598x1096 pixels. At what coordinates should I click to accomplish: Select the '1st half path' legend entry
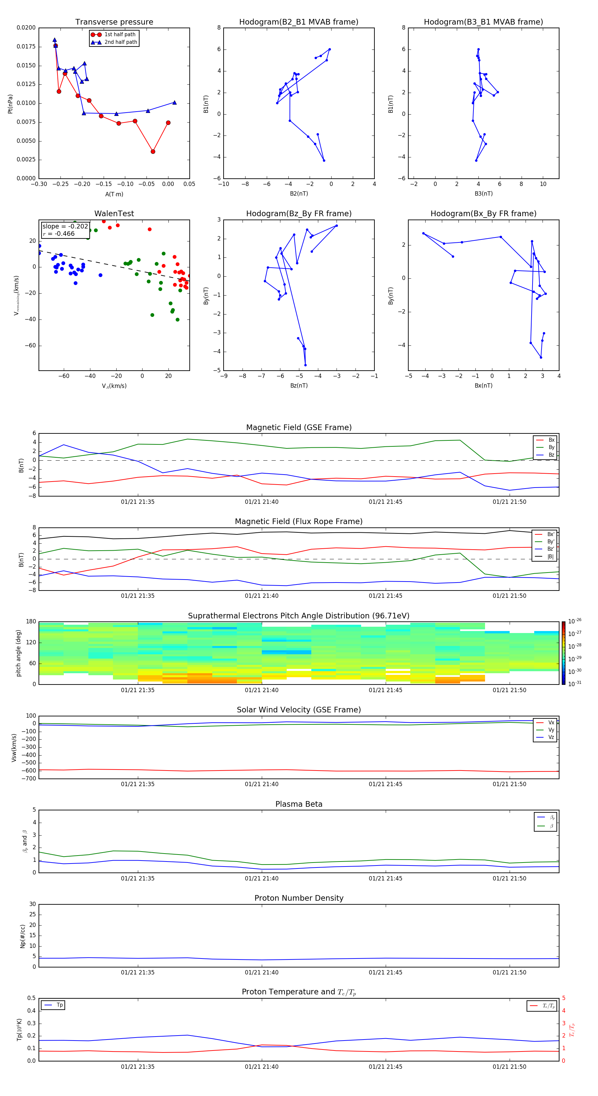(120, 35)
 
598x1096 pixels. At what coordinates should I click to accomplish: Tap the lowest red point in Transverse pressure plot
(153, 151)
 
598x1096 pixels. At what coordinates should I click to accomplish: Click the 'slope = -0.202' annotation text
(65, 227)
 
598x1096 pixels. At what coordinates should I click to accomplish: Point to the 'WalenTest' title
(114, 214)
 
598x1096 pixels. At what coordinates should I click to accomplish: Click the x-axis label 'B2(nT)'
(299, 194)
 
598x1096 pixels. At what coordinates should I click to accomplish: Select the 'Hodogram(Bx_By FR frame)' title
(483, 214)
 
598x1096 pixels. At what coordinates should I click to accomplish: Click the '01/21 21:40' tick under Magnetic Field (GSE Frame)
(261, 502)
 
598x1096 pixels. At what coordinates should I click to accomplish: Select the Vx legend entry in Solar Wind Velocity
(551, 722)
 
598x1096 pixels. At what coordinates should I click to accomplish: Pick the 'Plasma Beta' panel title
(299, 804)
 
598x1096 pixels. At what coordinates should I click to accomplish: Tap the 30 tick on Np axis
(32, 904)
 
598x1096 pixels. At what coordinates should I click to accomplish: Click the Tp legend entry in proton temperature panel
(59, 1005)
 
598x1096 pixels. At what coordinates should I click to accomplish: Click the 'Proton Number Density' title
(299, 898)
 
